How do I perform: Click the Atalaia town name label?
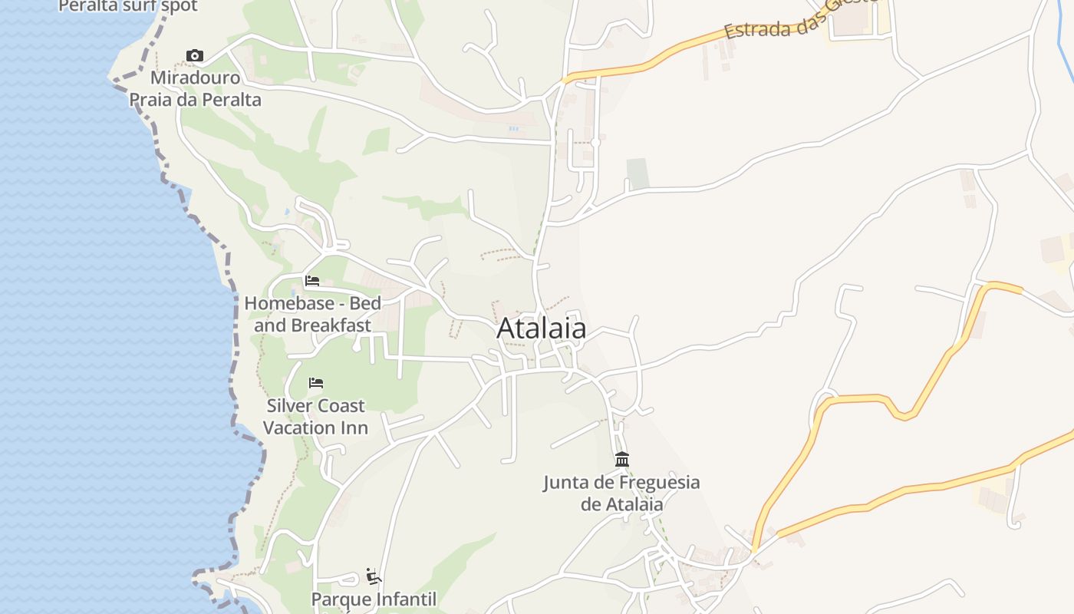pos(542,328)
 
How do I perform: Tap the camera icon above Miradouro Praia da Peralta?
pos(195,55)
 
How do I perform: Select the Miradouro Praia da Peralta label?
pos(195,89)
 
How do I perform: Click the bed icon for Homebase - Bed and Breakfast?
pos(312,281)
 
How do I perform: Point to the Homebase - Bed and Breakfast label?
pos(312,314)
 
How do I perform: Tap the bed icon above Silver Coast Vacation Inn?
pos(316,383)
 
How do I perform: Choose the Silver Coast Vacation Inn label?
pos(316,417)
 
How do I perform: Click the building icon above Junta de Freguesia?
pos(622,460)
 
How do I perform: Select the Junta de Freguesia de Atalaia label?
pos(621,494)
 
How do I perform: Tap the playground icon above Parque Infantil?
pos(374,576)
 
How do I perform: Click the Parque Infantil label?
pos(374,599)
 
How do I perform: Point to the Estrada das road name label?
pos(798,21)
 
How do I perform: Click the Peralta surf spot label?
pos(128,6)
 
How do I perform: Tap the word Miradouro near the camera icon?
pos(195,78)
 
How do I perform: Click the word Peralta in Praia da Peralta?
pos(229,100)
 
